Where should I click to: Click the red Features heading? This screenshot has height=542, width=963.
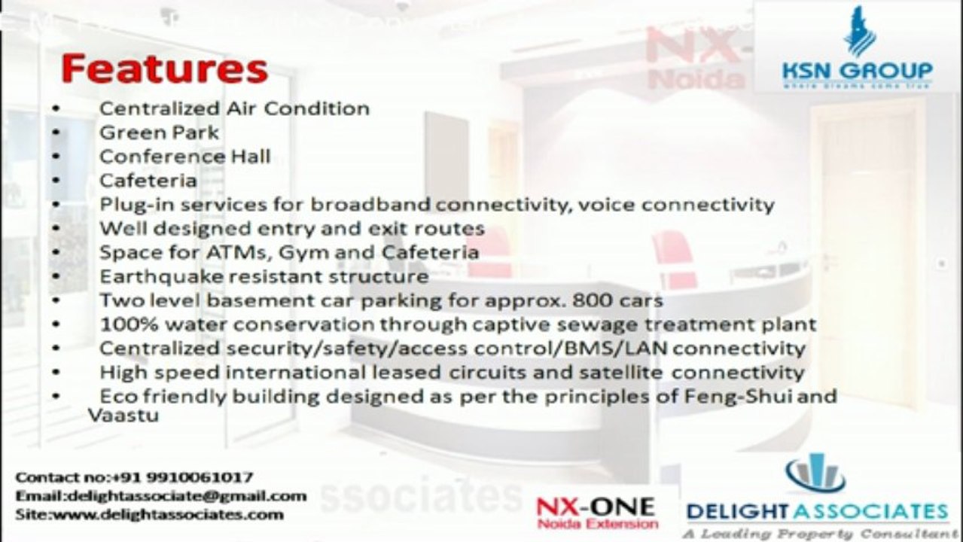tap(164, 69)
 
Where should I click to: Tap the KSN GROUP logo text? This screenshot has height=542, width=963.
tap(857, 72)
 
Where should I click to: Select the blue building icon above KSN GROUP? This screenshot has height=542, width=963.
tap(859, 31)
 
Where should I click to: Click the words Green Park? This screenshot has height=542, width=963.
tap(160, 132)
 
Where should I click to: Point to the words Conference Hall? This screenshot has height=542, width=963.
tap(184, 157)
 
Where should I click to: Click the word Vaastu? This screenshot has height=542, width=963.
tap(123, 415)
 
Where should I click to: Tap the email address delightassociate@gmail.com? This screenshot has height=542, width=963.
tap(187, 496)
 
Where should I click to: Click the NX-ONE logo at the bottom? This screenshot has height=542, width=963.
tap(596, 511)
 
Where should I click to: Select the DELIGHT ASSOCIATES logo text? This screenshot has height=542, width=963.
tap(817, 512)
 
